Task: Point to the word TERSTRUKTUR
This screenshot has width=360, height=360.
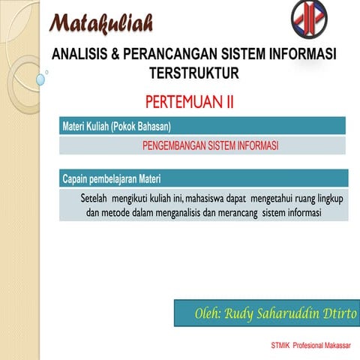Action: pos(193,73)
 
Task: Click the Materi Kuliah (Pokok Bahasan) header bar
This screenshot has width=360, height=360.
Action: pos(202,125)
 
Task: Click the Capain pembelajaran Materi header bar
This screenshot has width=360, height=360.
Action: pos(202,178)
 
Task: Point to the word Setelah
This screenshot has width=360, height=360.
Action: pos(94,199)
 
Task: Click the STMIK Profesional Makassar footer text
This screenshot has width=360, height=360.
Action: pos(314,346)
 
